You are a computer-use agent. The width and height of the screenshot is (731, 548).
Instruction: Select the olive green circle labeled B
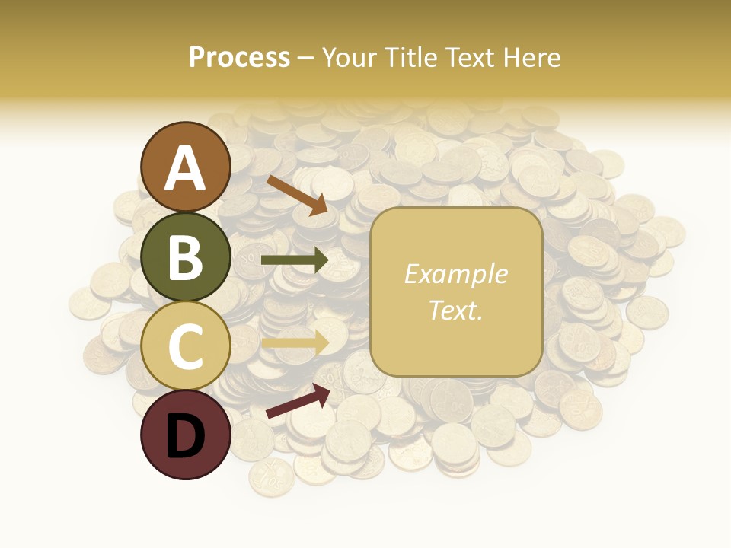click(185, 256)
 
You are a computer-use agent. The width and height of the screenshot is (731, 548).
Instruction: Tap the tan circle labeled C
click(185, 346)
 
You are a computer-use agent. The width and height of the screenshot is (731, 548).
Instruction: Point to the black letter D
click(185, 437)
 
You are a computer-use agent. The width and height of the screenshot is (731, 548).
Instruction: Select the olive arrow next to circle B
click(295, 260)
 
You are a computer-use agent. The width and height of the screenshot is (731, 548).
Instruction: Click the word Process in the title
click(239, 57)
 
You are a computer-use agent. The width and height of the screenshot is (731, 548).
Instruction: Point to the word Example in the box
click(455, 274)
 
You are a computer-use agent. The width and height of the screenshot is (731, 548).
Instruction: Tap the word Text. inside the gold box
click(455, 310)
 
